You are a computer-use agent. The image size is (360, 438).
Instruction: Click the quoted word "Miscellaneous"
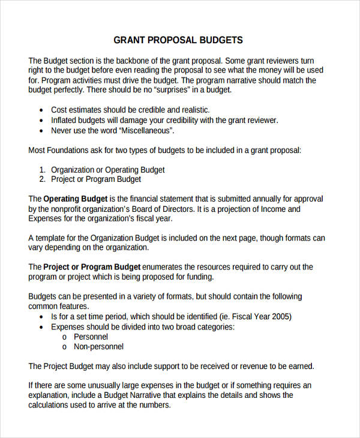click(147, 130)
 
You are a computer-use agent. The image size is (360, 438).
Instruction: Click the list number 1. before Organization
click(43, 170)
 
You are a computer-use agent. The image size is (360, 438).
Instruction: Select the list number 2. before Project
click(43, 179)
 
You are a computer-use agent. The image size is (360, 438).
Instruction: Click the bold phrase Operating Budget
click(76, 199)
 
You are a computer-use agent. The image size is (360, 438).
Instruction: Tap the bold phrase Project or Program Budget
click(92, 266)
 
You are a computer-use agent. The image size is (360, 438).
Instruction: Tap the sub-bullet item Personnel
click(91, 337)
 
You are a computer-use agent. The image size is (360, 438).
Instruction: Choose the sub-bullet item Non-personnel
click(98, 347)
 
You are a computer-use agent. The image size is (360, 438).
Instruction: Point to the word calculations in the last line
click(52, 405)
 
